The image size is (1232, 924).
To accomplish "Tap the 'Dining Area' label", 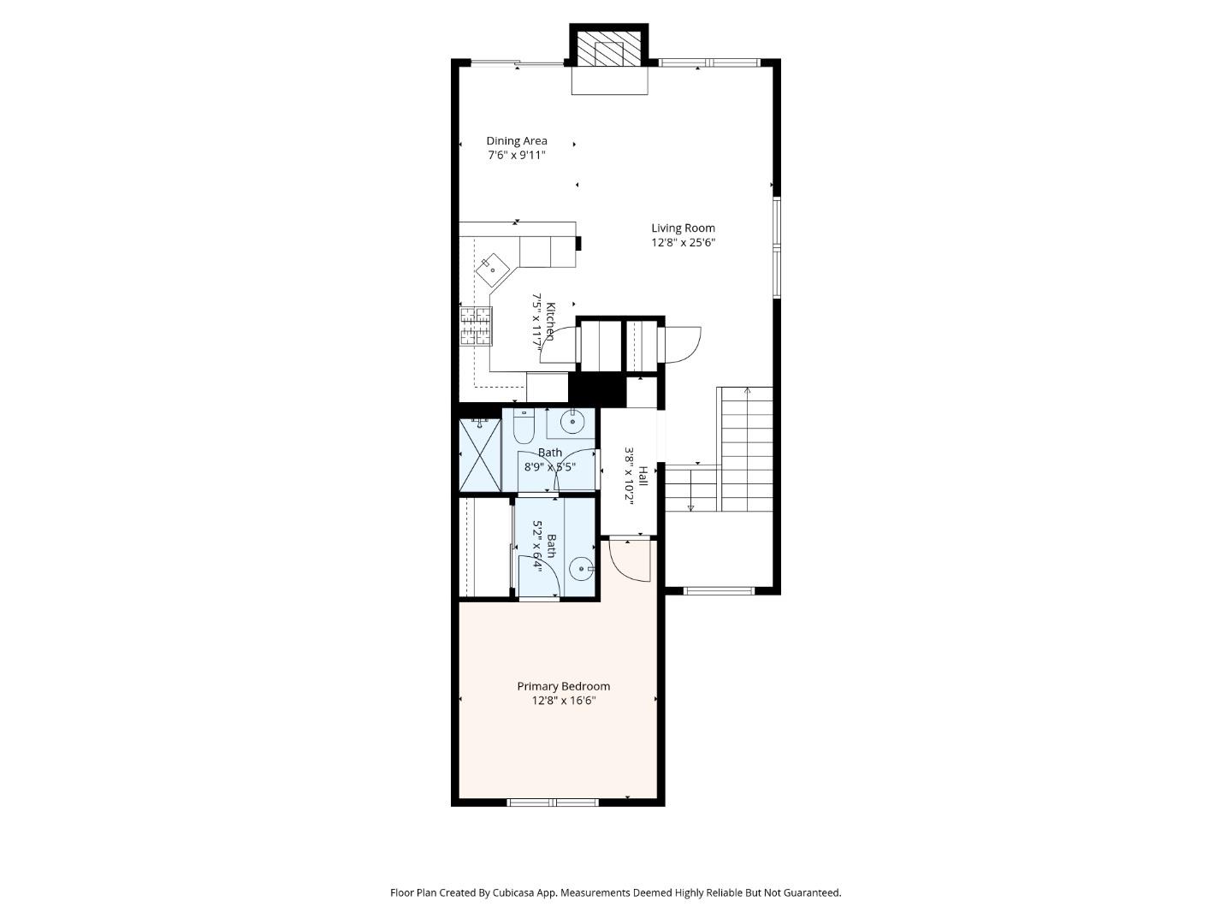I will (517, 141).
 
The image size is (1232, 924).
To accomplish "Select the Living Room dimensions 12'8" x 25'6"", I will (683, 242).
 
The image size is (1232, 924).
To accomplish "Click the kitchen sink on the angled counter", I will (493, 269).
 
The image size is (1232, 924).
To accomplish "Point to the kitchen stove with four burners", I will (477, 326).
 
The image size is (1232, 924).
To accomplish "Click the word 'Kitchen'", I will (552, 321).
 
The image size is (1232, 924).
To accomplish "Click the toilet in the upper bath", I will (524, 425).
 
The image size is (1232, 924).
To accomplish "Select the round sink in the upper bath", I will (572, 422).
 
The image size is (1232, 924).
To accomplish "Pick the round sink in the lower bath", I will (581, 567).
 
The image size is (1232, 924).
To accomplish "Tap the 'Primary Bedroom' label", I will (563, 686).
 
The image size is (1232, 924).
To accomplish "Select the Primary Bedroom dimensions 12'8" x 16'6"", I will (563, 701).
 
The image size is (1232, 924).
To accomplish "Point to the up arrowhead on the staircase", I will (748, 391).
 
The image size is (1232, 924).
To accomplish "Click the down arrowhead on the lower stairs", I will (690, 508).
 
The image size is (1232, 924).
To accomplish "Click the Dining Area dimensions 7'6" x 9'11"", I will (517, 156).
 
